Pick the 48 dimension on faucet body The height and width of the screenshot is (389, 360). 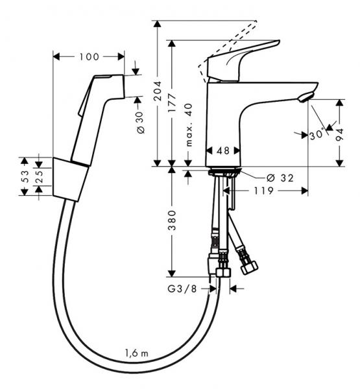(x=222, y=150)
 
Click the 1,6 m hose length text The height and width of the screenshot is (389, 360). (x=137, y=353)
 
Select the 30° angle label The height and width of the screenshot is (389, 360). (x=317, y=135)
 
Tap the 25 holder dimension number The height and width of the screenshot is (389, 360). (x=40, y=176)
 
